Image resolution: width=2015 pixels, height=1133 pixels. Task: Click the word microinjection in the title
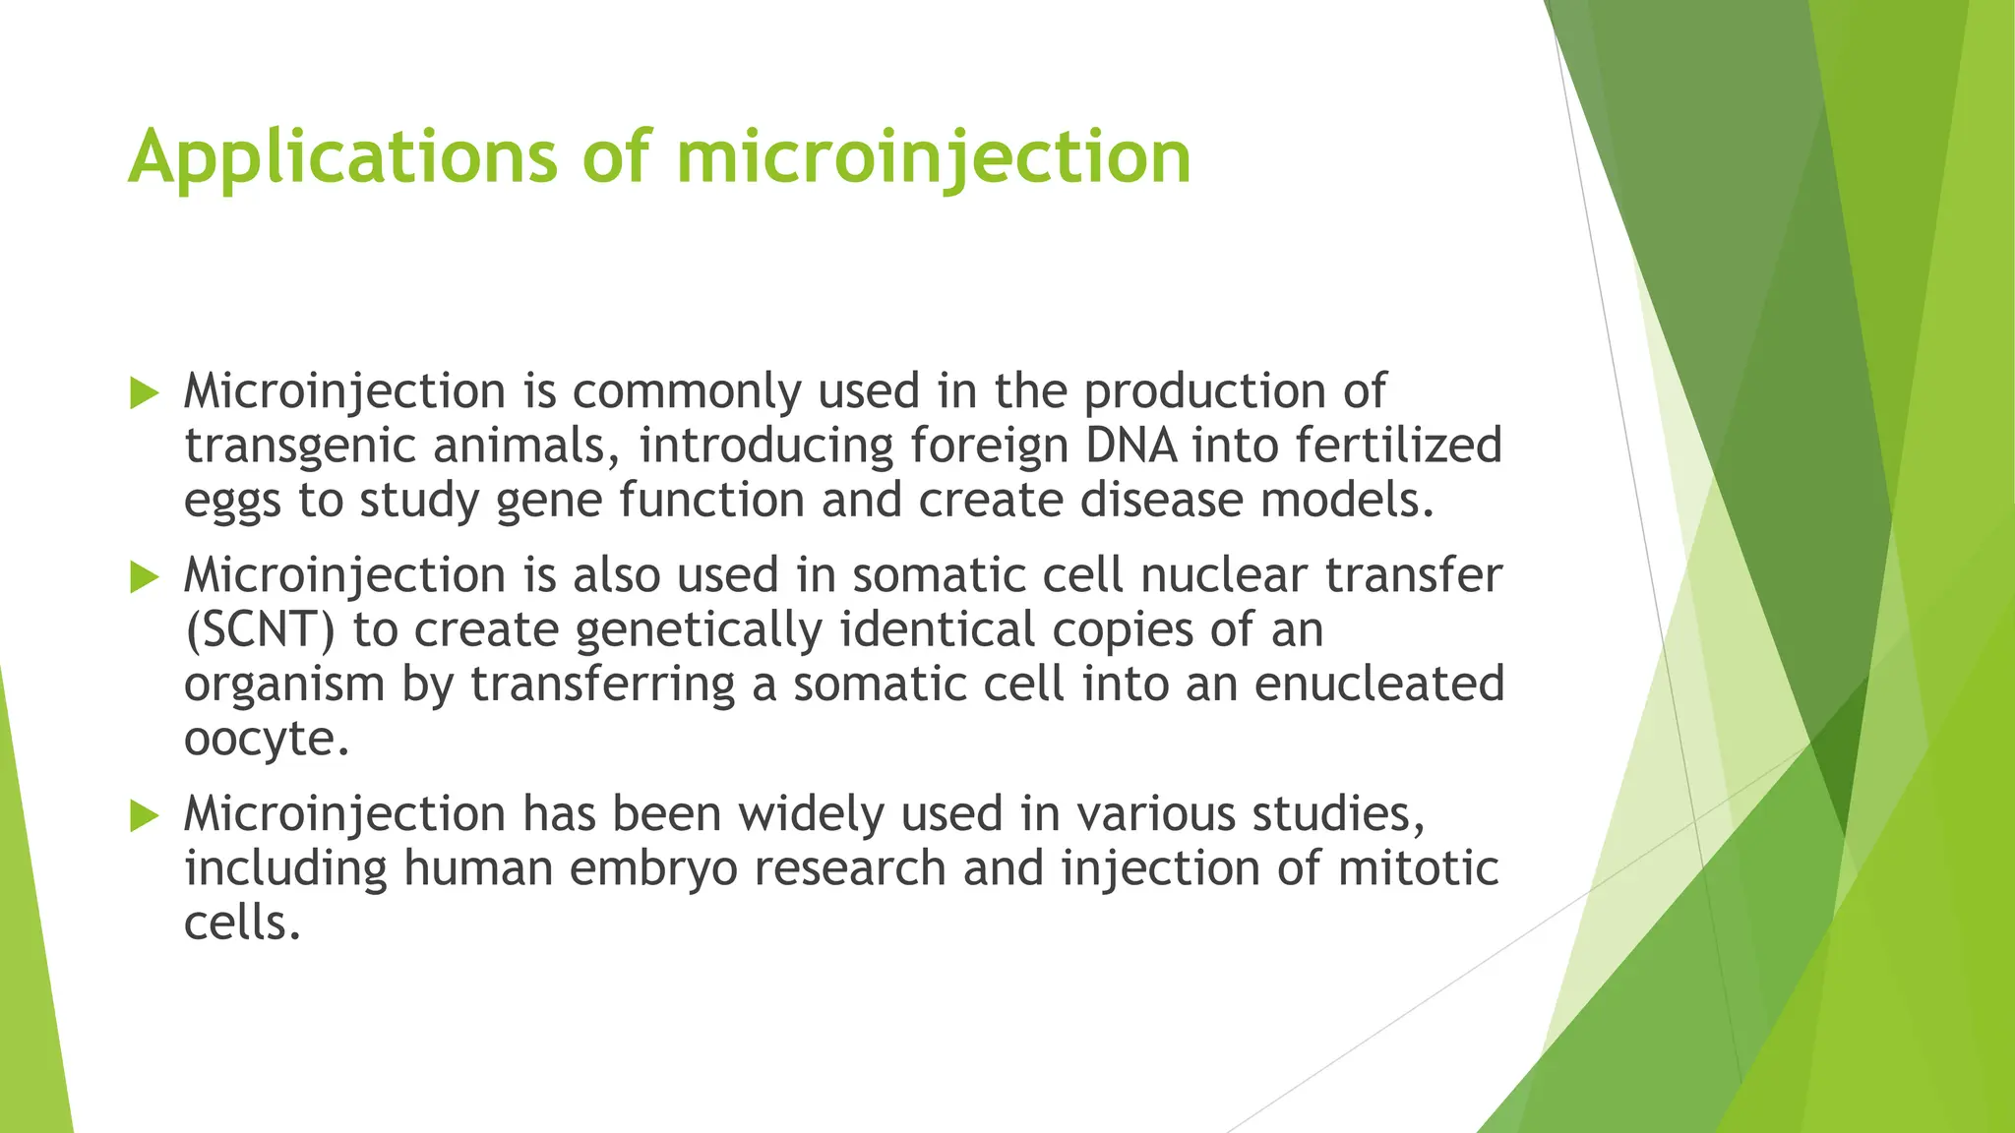(x=934, y=157)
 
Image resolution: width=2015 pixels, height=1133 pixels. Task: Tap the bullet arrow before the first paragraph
(x=144, y=394)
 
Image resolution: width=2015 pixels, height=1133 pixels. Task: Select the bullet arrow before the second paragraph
(x=144, y=577)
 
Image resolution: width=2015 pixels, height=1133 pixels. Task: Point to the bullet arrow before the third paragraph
(x=144, y=815)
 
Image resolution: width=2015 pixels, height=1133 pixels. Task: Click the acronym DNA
(x=1130, y=446)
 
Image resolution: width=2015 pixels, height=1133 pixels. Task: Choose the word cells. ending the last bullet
(x=242, y=923)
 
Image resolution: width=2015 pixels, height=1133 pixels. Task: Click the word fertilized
(x=1398, y=446)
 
